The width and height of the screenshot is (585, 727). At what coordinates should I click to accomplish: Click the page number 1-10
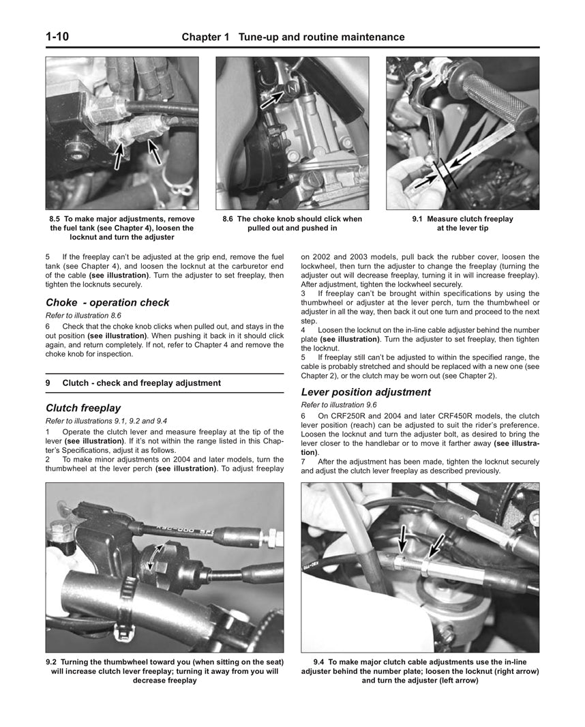coord(57,36)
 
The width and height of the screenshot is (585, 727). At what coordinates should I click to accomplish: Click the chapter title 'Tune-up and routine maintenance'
coord(321,37)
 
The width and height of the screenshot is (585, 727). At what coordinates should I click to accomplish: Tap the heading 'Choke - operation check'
coord(107,302)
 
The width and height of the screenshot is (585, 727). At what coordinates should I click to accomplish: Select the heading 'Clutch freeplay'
coord(83,408)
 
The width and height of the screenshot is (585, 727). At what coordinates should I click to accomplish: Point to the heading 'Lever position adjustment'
coord(365,392)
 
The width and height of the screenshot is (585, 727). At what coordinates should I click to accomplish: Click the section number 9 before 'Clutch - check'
coord(48,383)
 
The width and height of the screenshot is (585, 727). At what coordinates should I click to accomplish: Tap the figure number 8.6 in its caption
coord(228,219)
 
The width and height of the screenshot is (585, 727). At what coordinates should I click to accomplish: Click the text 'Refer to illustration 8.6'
coord(82,316)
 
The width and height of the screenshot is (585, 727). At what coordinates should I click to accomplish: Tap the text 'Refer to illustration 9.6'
coord(338,405)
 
